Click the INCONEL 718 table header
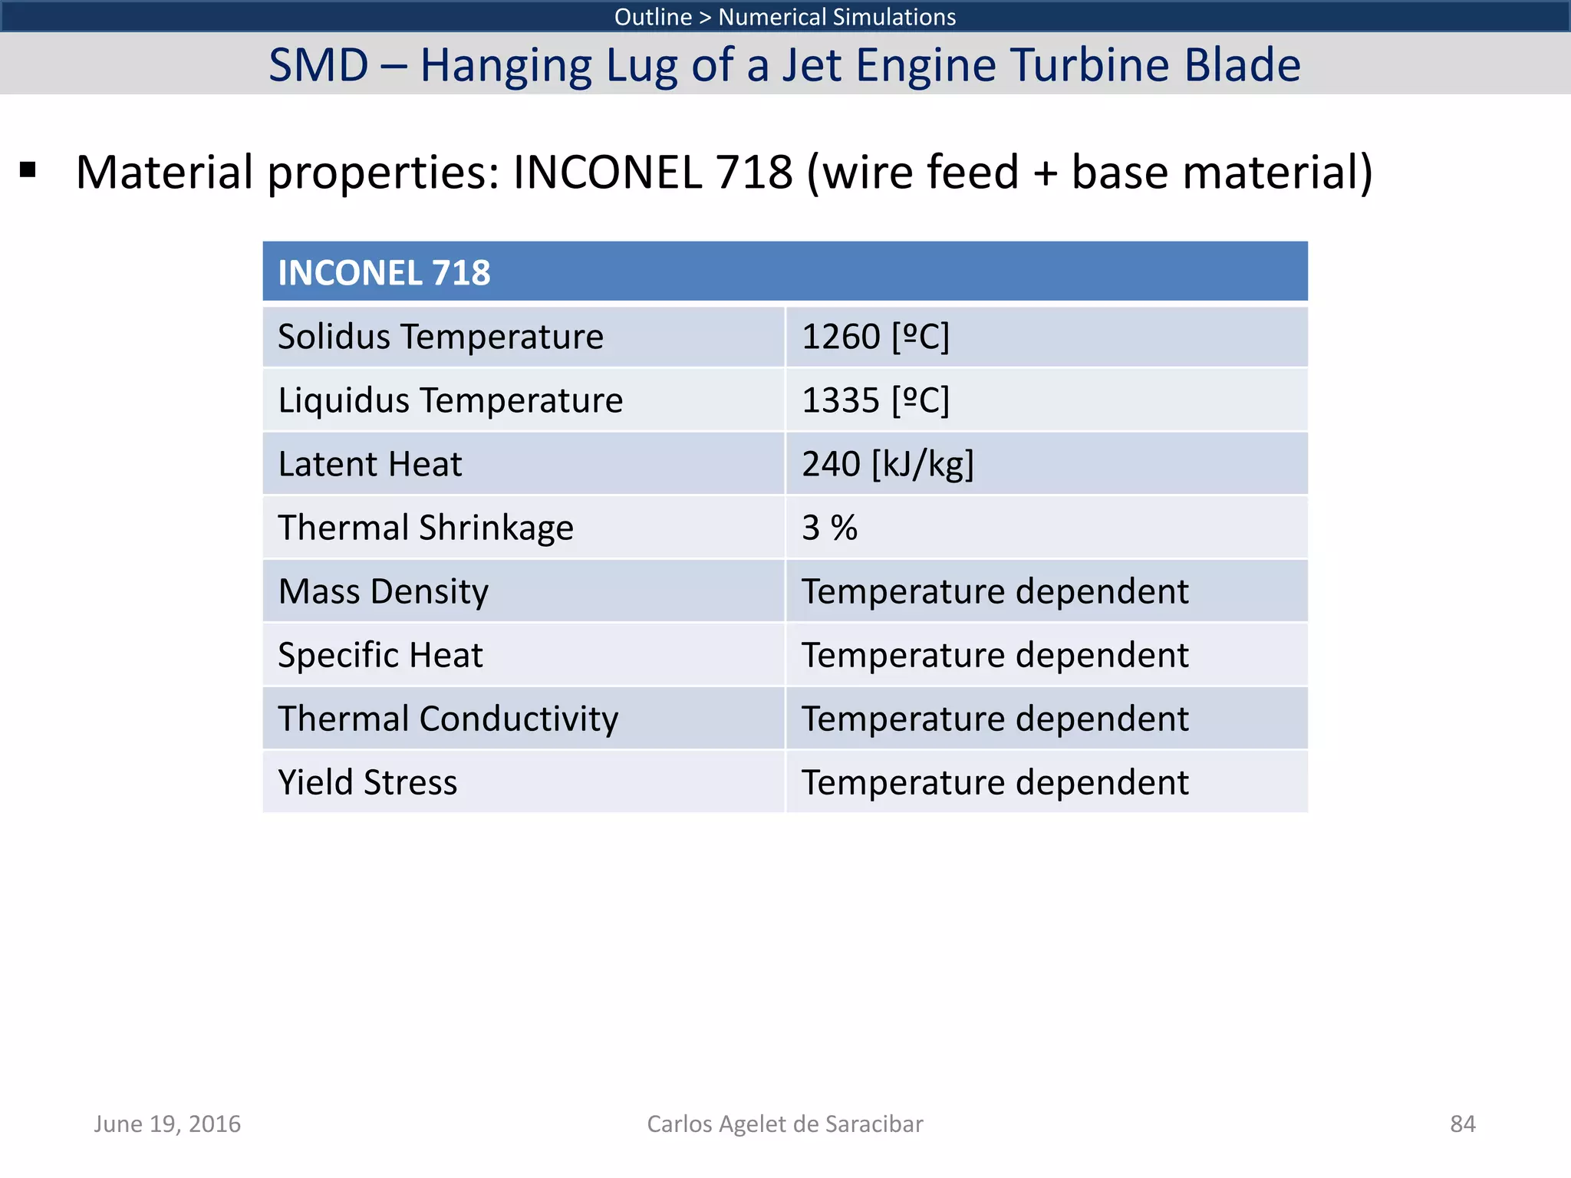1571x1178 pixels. coord(384,273)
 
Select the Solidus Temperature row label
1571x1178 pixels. coord(440,337)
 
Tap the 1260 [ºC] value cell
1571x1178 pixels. coord(875,337)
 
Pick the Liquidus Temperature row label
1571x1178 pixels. coord(450,401)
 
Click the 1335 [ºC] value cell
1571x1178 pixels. coord(875,401)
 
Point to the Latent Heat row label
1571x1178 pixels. coord(370,465)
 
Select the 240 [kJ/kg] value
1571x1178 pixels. coord(888,465)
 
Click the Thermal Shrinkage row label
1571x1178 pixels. coord(426,528)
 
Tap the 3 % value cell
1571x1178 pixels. coord(829,528)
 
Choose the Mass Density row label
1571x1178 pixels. coord(383,592)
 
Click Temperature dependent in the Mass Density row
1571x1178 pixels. coord(995,592)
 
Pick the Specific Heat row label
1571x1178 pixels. coord(380,656)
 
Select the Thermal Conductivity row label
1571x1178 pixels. coord(448,719)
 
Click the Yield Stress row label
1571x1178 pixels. coord(367,783)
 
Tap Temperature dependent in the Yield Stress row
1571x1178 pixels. coord(995,783)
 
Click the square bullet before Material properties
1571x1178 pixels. coord(28,169)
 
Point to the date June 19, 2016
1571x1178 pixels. coord(167,1124)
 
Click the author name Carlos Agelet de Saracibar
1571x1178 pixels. coord(785,1124)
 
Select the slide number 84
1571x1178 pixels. coord(1462,1124)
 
